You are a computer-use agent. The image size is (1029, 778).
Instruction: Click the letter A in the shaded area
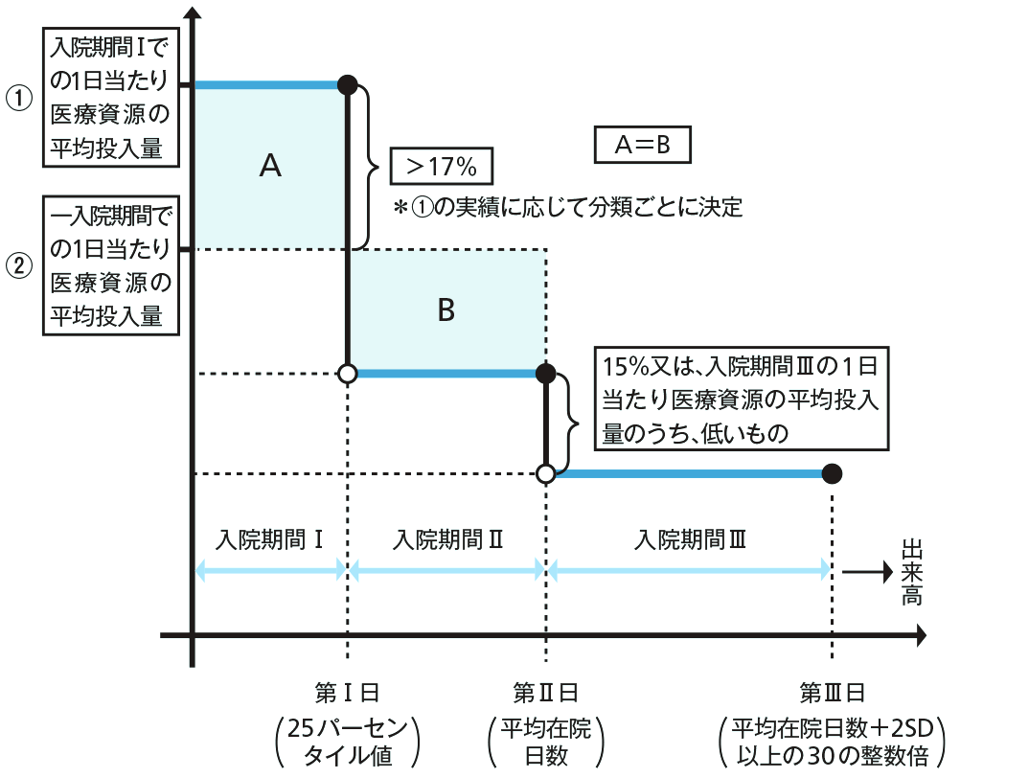click(x=270, y=167)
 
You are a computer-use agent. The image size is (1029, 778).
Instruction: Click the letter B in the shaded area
click(x=446, y=310)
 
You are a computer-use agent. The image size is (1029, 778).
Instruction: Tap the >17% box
click(x=441, y=166)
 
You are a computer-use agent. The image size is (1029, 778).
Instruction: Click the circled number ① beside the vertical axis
click(x=20, y=99)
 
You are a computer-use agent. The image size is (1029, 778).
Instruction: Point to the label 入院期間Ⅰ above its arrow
click(x=269, y=539)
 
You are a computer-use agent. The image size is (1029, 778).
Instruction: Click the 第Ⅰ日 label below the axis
click(x=347, y=692)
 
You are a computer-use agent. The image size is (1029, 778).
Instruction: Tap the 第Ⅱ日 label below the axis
click(x=545, y=692)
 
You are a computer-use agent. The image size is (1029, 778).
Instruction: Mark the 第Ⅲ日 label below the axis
click(x=832, y=692)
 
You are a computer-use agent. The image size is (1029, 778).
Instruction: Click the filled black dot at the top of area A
click(x=348, y=85)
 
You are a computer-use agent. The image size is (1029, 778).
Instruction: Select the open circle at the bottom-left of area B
click(x=348, y=373)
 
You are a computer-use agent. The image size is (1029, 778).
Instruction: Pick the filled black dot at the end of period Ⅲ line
click(x=832, y=472)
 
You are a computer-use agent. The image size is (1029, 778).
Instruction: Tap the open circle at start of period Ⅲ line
click(x=545, y=473)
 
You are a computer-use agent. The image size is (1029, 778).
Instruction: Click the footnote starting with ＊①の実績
click(x=567, y=207)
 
